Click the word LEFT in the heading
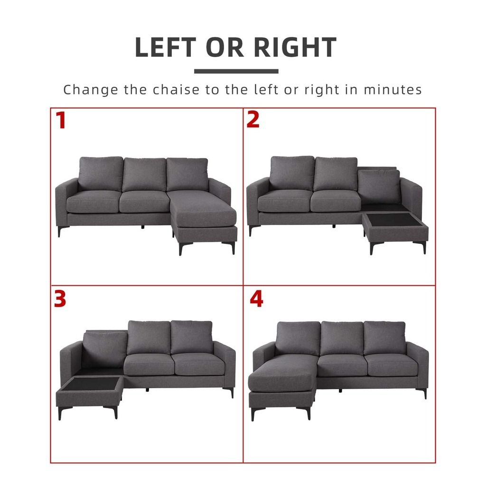coord(166,47)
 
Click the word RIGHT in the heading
coord(295,47)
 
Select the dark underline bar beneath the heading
coord(236,71)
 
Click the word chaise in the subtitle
coord(176,90)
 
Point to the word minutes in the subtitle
coord(393,90)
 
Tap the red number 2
coord(253,120)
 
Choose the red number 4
coord(256,299)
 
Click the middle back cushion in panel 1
coord(144,175)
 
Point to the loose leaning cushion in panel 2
coord(379,187)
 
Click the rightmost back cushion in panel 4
coord(384,338)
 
